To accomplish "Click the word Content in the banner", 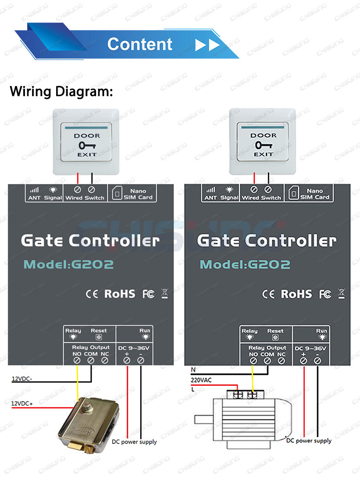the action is point(140,44).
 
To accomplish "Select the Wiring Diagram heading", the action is point(61,92).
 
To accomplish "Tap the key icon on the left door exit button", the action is point(87,145).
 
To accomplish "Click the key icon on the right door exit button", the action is point(264,145).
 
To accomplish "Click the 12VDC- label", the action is point(22,379).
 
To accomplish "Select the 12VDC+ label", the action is point(22,404).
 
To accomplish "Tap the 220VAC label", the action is point(201,380).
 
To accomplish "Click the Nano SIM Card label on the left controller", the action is point(138,194).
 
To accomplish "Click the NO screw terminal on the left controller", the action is point(77,361).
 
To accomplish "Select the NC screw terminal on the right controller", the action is point(281,361).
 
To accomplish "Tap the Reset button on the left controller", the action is point(99,337).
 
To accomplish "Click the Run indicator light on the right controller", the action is point(322,337).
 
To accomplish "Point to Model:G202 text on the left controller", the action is point(69,264).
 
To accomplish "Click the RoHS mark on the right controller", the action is point(296,294).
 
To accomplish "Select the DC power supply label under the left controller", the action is point(134,442).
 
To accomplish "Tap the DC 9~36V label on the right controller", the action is point(311,348).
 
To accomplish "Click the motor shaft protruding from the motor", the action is point(204,419).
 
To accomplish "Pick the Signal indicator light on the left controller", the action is point(53,190).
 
